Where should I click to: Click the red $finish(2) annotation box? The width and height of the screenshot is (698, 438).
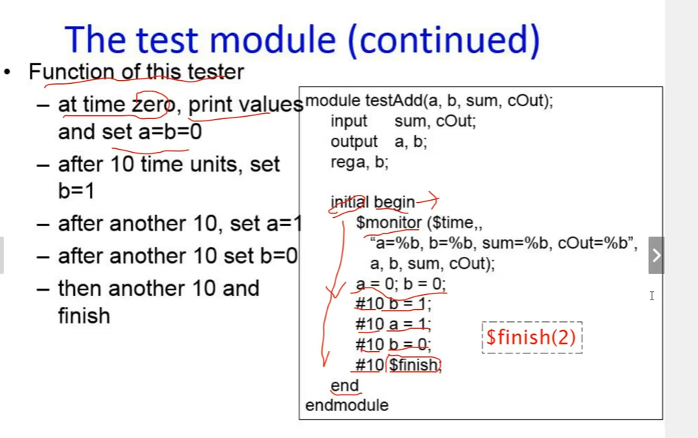click(x=532, y=338)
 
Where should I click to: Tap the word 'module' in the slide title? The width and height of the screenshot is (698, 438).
click(x=273, y=40)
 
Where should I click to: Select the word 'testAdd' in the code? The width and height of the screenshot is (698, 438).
click(x=393, y=100)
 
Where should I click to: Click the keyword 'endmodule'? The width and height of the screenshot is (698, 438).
click(x=347, y=406)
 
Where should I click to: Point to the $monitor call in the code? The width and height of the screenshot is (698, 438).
click(x=389, y=222)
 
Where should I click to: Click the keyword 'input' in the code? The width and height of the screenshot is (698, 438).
click(x=348, y=121)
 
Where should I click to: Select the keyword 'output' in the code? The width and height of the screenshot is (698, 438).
click(x=354, y=142)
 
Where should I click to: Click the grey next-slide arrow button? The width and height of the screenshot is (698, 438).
click(x=656, y=255)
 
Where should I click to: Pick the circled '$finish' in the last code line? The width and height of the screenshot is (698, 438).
click(x=414, y=365)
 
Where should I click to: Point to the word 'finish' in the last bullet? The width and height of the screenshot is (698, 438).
click(x=84, y=316)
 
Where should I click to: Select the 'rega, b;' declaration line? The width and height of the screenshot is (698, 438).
click(x=359, y=162)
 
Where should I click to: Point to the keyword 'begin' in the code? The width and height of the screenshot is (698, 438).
click(x=395, y=203)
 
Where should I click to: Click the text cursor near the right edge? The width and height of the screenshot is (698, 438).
click(x=652, y=296)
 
